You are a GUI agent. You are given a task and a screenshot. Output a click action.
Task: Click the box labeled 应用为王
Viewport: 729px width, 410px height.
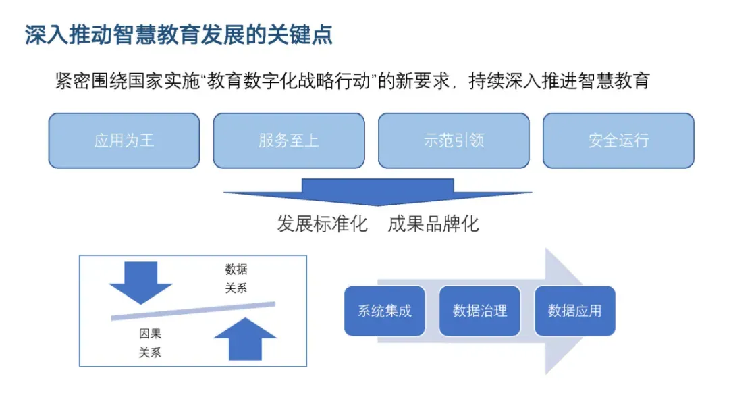coord(124,140)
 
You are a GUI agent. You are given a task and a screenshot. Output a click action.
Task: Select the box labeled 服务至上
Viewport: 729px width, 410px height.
coord(289,140)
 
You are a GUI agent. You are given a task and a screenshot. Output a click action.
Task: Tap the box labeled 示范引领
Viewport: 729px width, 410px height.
coord(454,140)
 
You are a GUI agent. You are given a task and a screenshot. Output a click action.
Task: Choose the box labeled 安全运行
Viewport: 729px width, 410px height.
coord(618,140)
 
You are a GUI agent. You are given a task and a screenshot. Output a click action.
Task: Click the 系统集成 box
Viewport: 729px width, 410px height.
coord(385,311)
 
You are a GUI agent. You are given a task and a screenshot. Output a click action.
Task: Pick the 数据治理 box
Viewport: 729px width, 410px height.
coord(480,311)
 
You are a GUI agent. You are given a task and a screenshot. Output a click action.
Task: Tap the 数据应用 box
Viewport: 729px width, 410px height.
coord(575,311)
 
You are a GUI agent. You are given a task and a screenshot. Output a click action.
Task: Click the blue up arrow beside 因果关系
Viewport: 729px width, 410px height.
coord(245,339)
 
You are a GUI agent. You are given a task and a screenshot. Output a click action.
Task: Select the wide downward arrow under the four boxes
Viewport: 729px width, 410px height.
coord(377,192)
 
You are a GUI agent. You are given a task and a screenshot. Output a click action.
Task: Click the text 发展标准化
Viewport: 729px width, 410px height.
coord(323,224)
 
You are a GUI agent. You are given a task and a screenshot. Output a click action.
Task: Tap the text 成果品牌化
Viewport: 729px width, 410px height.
coord(433,224)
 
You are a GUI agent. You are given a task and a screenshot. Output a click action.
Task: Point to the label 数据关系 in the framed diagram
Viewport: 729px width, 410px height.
coord(236,279)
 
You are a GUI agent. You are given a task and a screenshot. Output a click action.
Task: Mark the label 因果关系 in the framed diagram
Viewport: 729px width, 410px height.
coord(150,342)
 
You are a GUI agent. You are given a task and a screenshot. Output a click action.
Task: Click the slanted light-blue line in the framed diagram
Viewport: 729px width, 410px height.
coord(193,311)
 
